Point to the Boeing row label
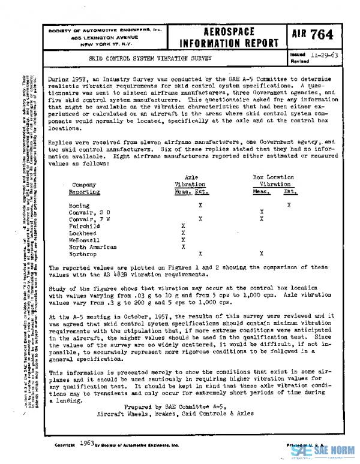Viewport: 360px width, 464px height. pos(79,206)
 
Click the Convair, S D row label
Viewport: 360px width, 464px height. pos(89,213)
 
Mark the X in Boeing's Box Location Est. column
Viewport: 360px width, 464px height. pos(289,206)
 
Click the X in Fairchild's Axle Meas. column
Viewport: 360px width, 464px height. pos(183,226)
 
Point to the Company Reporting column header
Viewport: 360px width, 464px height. pos(83,188)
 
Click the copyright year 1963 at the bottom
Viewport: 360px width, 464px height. pos(86,444)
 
